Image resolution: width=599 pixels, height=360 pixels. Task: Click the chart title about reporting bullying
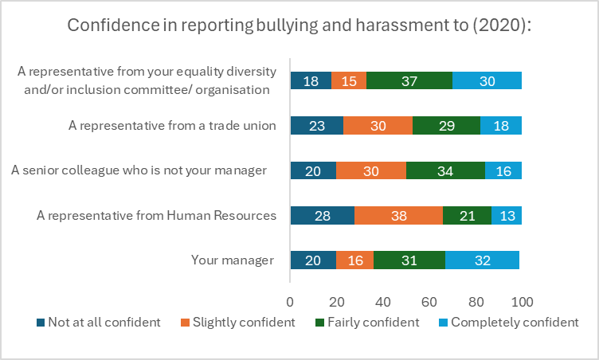(299, 25)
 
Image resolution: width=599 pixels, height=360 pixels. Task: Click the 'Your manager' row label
(233, 260)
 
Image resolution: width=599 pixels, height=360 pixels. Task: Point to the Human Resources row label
(157, 215)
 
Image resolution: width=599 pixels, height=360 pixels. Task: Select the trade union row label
(172, 125)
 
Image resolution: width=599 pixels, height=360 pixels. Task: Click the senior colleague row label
(139, 170)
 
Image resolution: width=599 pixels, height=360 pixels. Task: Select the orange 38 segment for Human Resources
(399, 215)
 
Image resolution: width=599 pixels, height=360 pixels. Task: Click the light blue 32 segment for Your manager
(482, 260)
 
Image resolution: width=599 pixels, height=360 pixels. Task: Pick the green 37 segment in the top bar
(409, 80)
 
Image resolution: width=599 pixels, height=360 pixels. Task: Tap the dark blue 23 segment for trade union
(316, 125)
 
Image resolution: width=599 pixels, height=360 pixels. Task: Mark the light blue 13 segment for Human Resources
(507, 215)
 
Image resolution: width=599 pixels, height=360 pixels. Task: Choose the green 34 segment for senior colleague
(445, 170)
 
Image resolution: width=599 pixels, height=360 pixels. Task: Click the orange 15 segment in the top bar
(349, 80)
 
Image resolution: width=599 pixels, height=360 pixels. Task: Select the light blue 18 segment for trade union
(501, 125)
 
